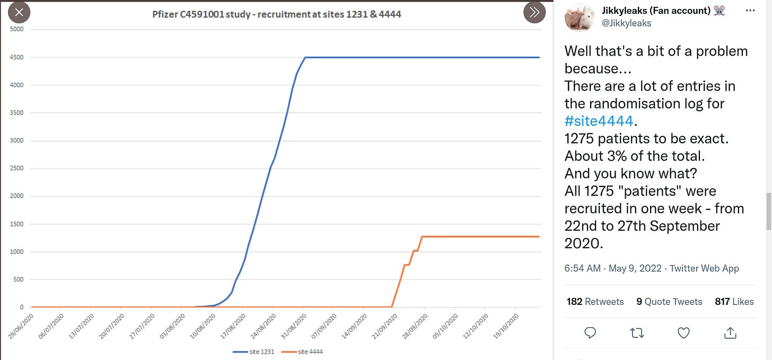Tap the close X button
[19, 12]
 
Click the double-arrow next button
[534, 12]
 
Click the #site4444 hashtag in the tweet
[599, 121]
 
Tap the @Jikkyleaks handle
[627, 23]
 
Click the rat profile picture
[579, 17]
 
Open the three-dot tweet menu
[750, 10]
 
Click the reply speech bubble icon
[590, 332]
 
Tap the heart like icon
[683, 332]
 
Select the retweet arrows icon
[636, 332]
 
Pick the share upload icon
[730, 332]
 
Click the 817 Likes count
[734, 302]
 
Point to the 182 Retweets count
[595, 302]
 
